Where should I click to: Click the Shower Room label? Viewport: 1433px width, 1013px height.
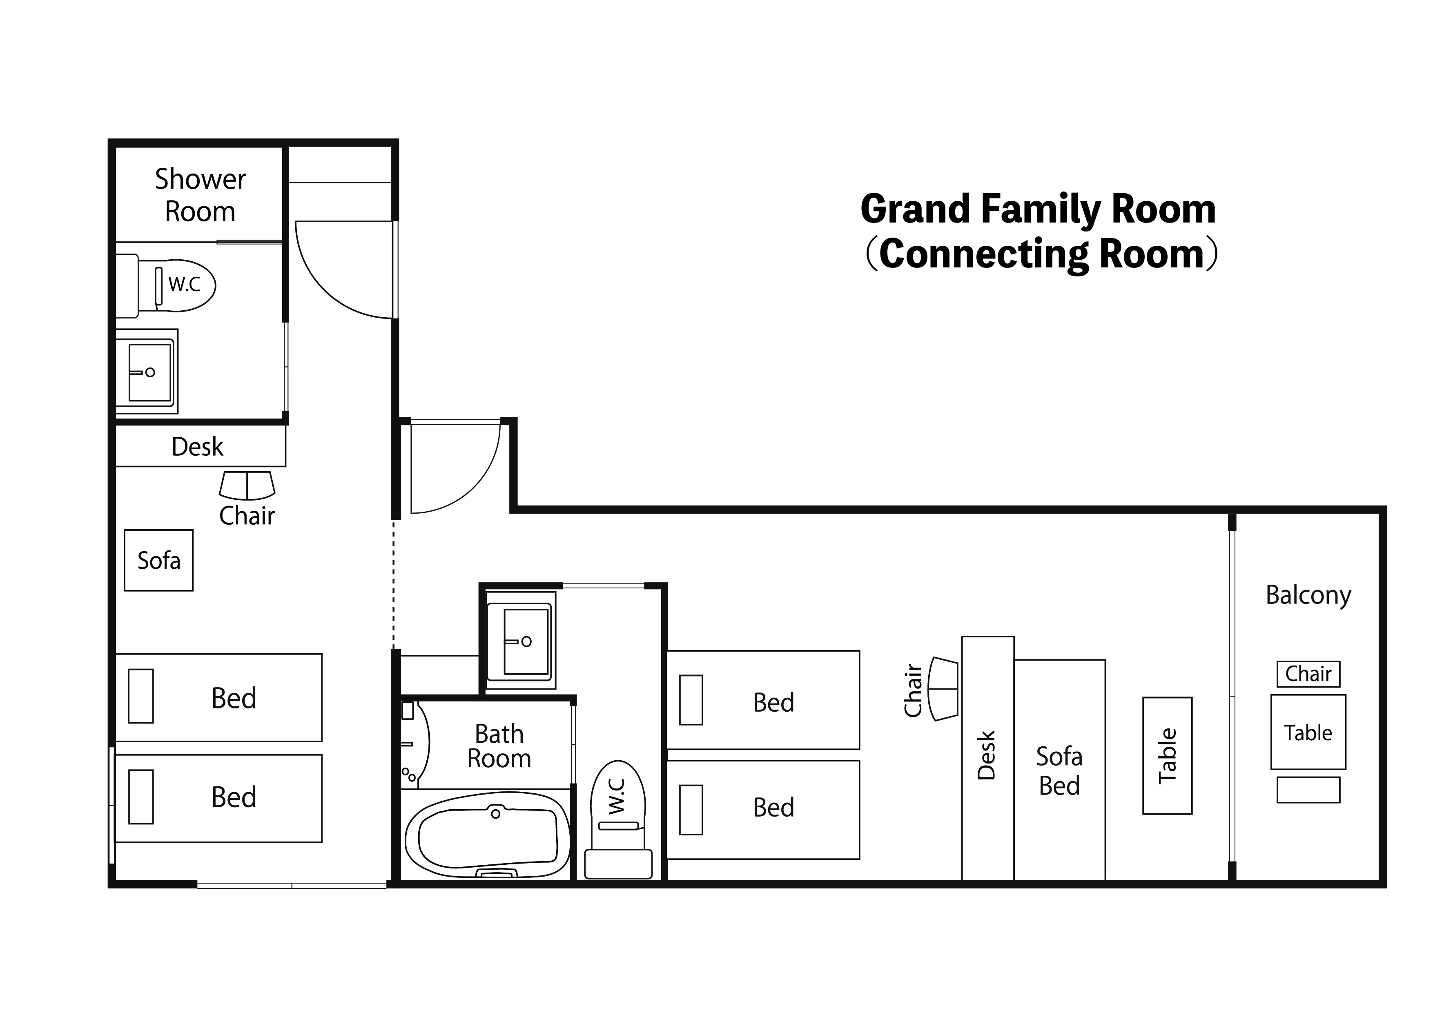(201, 195)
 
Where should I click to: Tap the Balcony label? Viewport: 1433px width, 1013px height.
(1308, 595)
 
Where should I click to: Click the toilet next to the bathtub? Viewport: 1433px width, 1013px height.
(618, 819)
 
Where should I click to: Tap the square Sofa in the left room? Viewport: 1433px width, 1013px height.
(158, 561)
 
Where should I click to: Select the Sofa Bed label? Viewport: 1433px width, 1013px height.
(1059, 771)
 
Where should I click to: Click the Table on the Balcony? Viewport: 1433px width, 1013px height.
(1308, 732)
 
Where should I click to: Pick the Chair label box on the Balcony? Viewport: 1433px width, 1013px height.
(1308, 674)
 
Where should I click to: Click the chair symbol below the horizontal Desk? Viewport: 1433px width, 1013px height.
(247, 485)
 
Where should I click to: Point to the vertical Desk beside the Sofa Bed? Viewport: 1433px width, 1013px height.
(987, 758)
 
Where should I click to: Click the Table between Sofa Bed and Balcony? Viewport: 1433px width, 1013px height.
(1167, 756)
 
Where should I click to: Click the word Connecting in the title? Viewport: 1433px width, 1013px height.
(983, 255)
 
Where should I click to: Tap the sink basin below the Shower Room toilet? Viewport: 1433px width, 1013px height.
(150, 372)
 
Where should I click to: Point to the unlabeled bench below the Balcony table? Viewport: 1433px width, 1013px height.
(1308, 790)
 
